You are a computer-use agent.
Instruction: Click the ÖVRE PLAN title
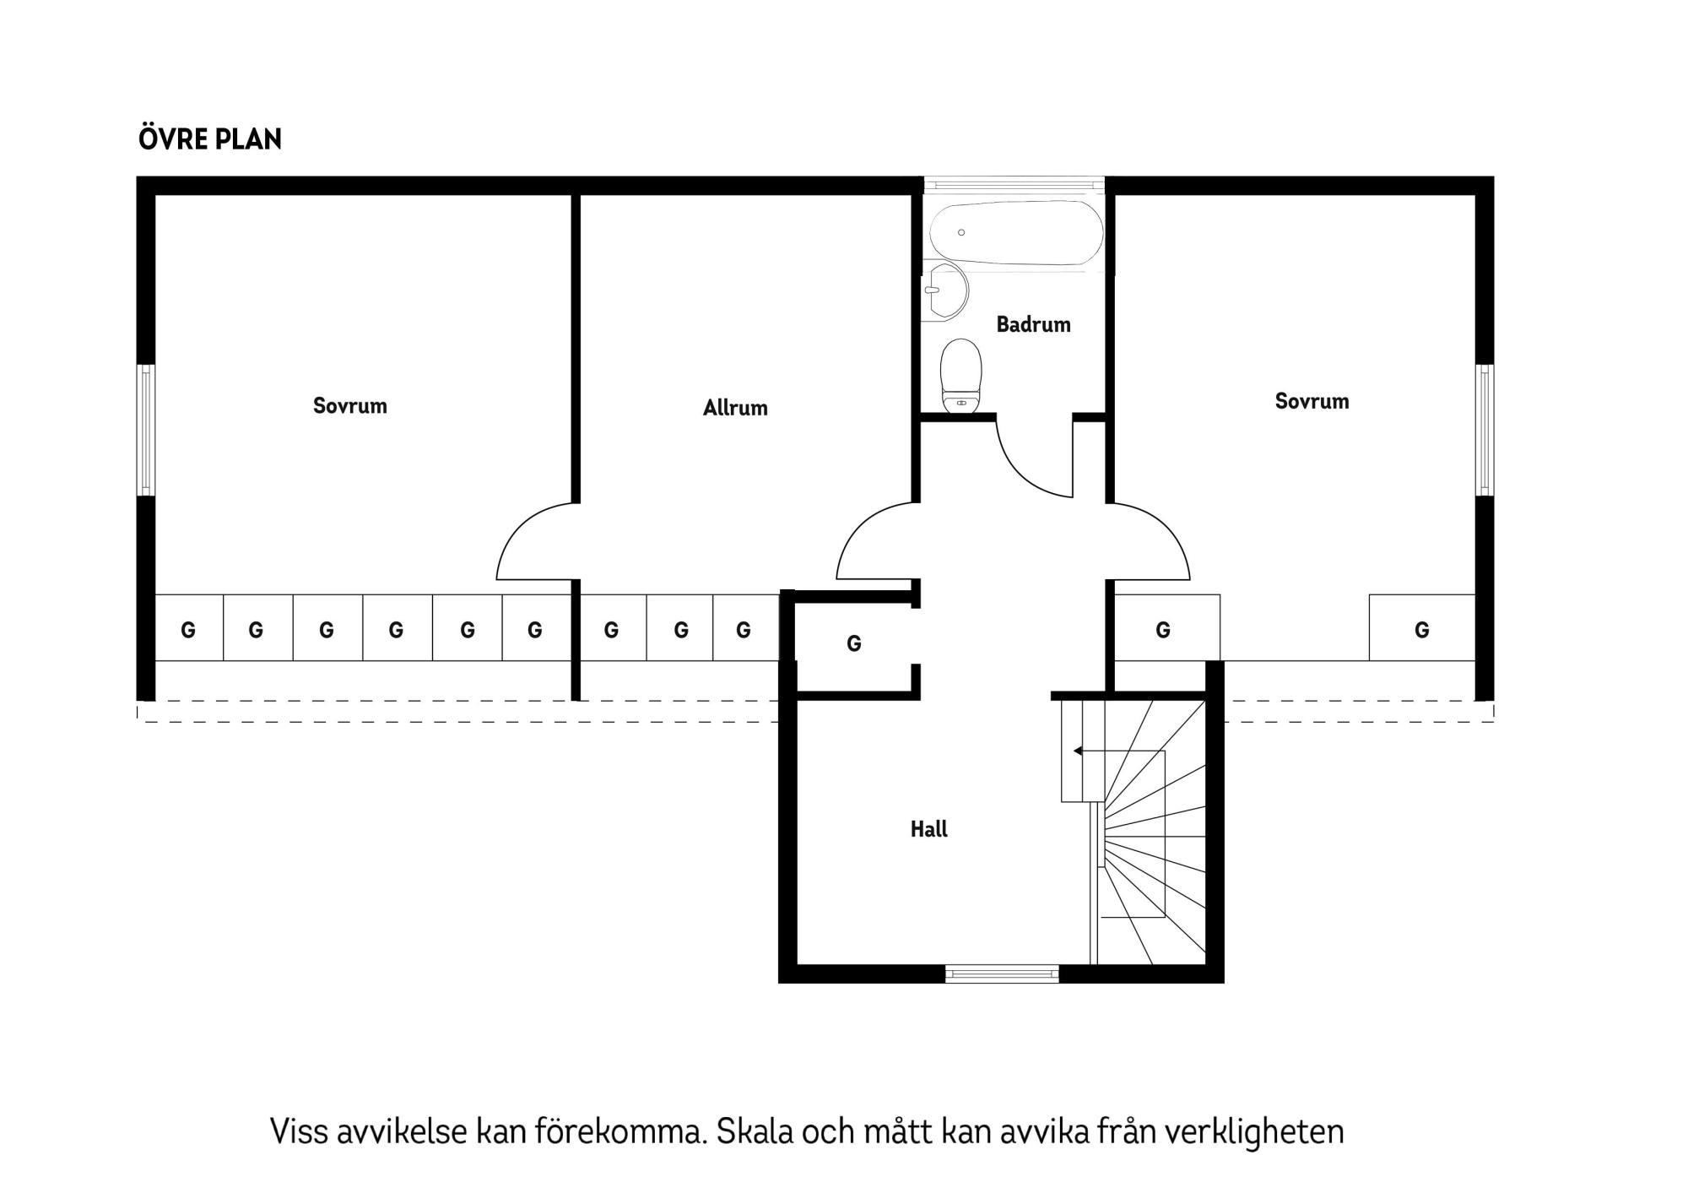pos(209,139)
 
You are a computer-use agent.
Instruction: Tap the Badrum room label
pos(1033,325)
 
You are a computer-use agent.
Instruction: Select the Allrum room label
pos(735,409)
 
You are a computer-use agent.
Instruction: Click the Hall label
pos(928,829)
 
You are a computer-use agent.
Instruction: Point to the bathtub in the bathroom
pos(1016,232)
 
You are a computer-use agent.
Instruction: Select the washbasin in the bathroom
pos(945,291)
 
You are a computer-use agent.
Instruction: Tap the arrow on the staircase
pos(1079,751)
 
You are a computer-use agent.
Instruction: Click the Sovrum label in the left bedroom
pos(349,406)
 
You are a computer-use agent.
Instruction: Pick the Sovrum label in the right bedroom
pos(1311,402)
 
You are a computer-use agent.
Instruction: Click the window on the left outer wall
pos(146,430)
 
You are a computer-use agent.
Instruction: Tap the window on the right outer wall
pos(1484,430)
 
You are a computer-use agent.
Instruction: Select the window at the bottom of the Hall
pos(1002,973)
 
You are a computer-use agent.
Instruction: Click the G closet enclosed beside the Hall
pos(853,644)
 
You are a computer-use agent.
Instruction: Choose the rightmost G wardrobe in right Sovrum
pos(1421,629)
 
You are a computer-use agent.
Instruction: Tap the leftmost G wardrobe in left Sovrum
pos(188,629)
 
